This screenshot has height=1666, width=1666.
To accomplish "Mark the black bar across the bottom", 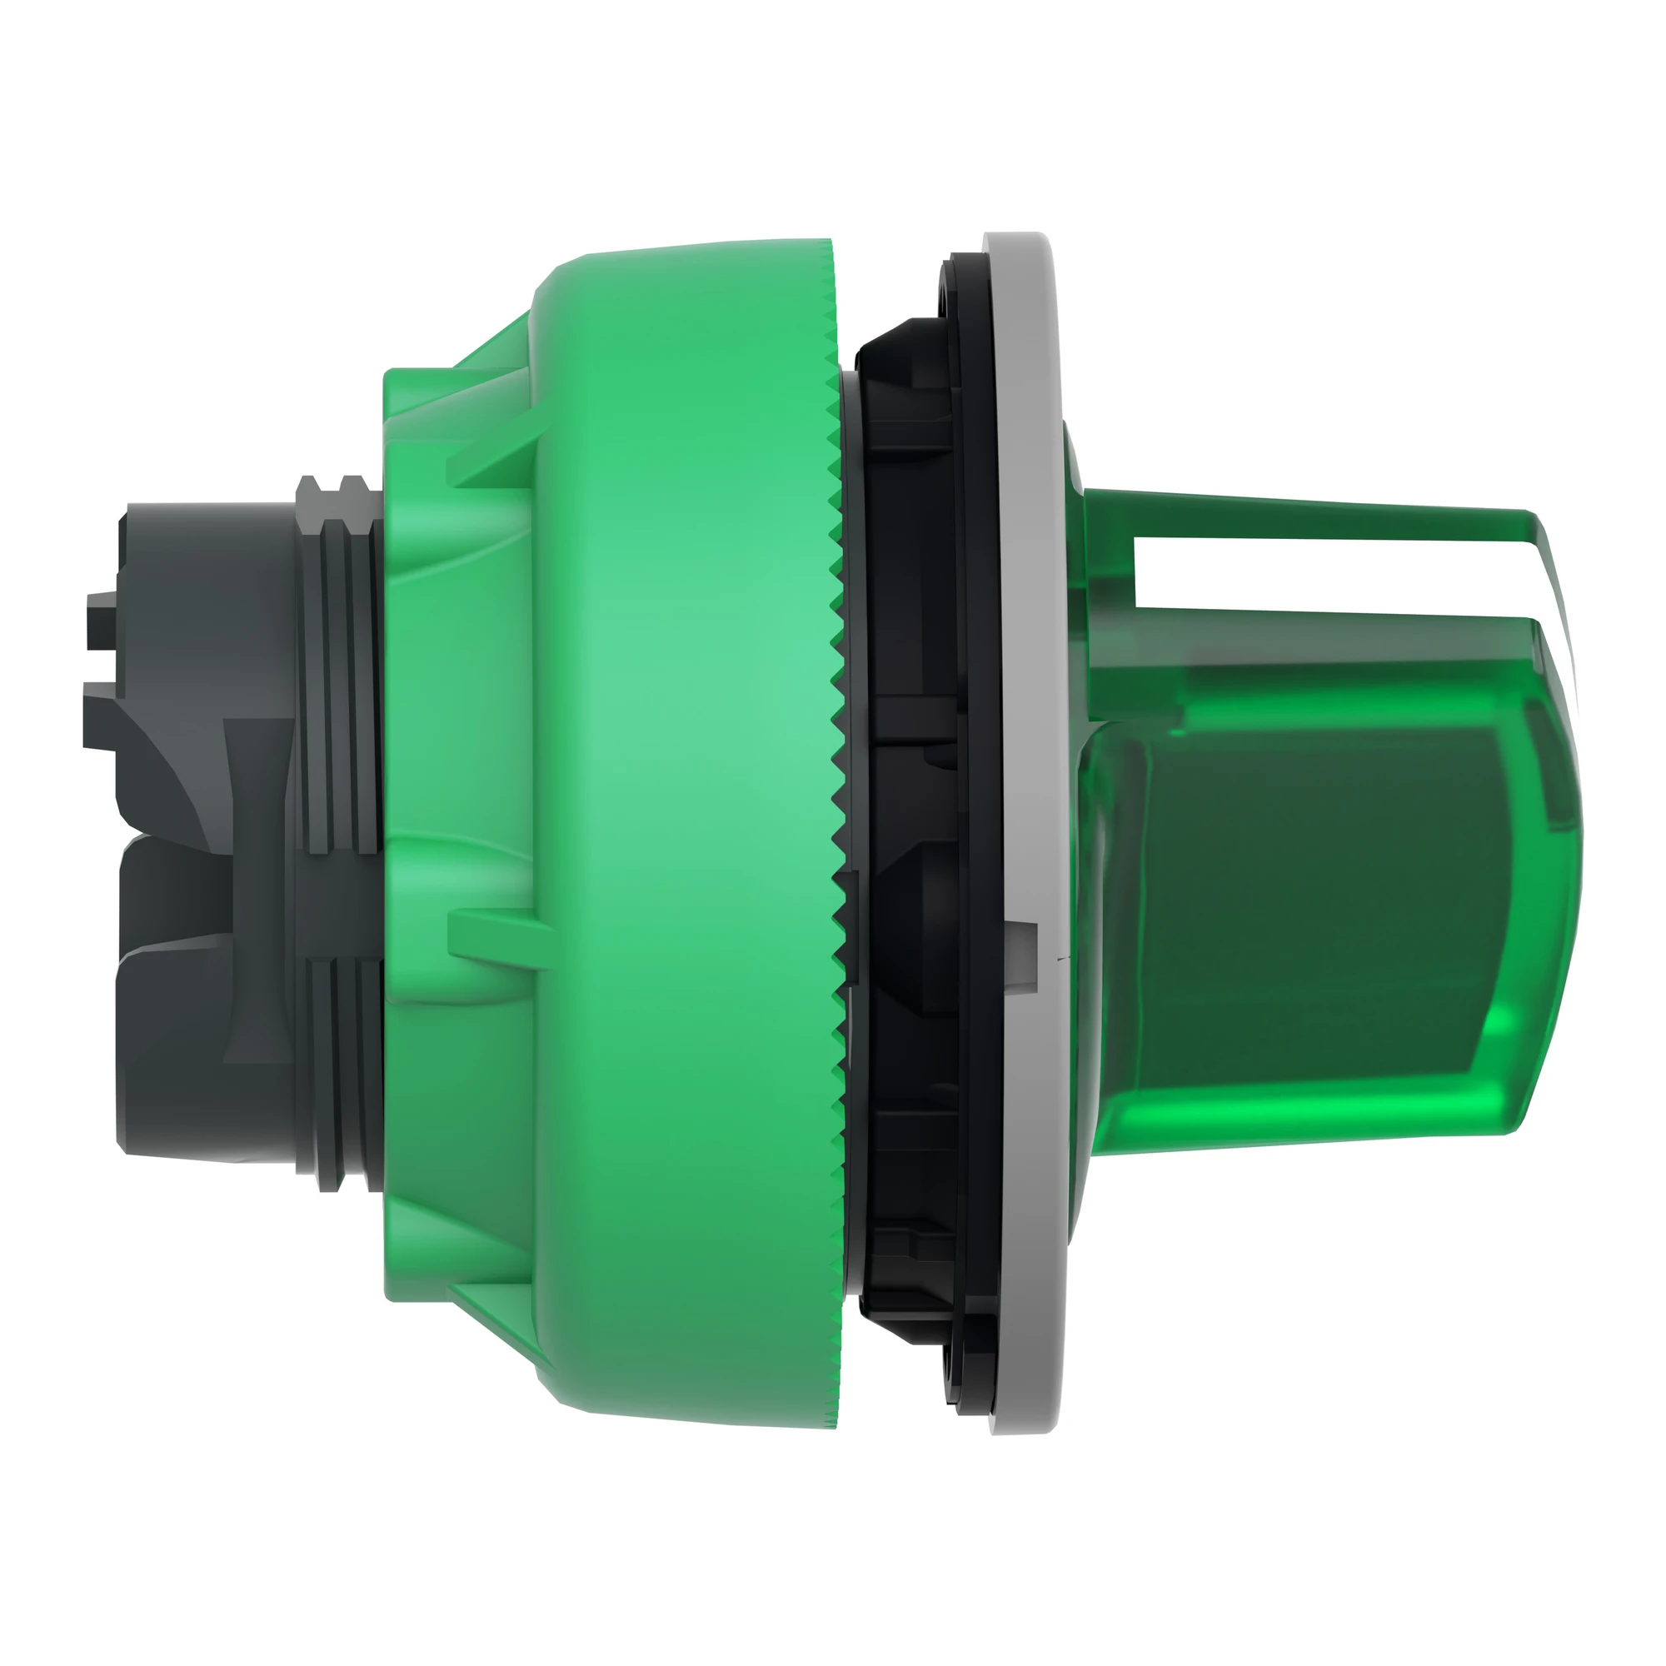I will (833, 1587).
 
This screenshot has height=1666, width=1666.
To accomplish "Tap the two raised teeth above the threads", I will (332, 486).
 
